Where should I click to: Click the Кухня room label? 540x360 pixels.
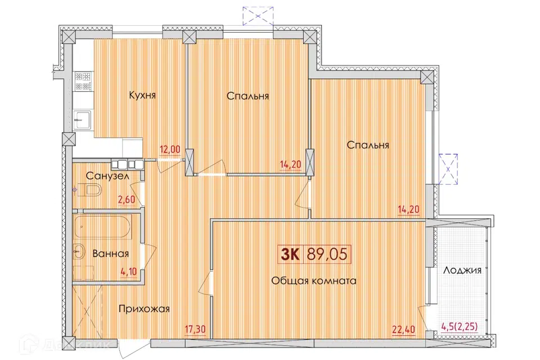[x=142, y=95]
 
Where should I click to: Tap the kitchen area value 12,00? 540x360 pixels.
[x=170, y=149]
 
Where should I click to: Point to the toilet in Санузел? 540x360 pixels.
[x=88, y=190]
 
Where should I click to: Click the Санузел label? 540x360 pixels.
[x=107, y=176]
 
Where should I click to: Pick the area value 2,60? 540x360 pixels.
[x=127, y=200]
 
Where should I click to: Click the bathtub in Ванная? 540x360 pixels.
[x=102, y=227]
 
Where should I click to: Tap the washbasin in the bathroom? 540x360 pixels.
[x=79, y=253]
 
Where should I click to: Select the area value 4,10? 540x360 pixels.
[x=128, y=272]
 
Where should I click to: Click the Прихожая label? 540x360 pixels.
[x=144, y=309]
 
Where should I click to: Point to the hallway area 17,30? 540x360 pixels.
[x=195, y=329]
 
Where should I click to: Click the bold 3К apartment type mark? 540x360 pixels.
[x=291, y=255]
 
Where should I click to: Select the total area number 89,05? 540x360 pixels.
[x=327, y=255]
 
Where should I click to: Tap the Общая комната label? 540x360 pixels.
[x=314, y=281]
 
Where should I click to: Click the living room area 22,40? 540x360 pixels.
[x=404, y=330]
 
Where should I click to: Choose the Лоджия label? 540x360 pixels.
[x=462, y=270]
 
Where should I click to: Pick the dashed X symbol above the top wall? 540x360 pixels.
[x=258, y=16]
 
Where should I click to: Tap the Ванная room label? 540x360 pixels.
[x=111, y=254]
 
